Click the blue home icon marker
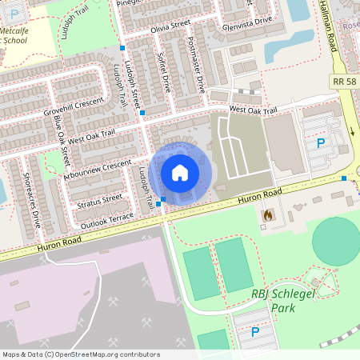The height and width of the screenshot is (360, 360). pos(180,172)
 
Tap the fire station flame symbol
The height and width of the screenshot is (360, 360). pos(268,214)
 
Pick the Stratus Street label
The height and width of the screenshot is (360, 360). pos(100,198)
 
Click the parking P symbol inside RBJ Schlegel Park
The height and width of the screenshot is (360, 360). pos(255,331)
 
